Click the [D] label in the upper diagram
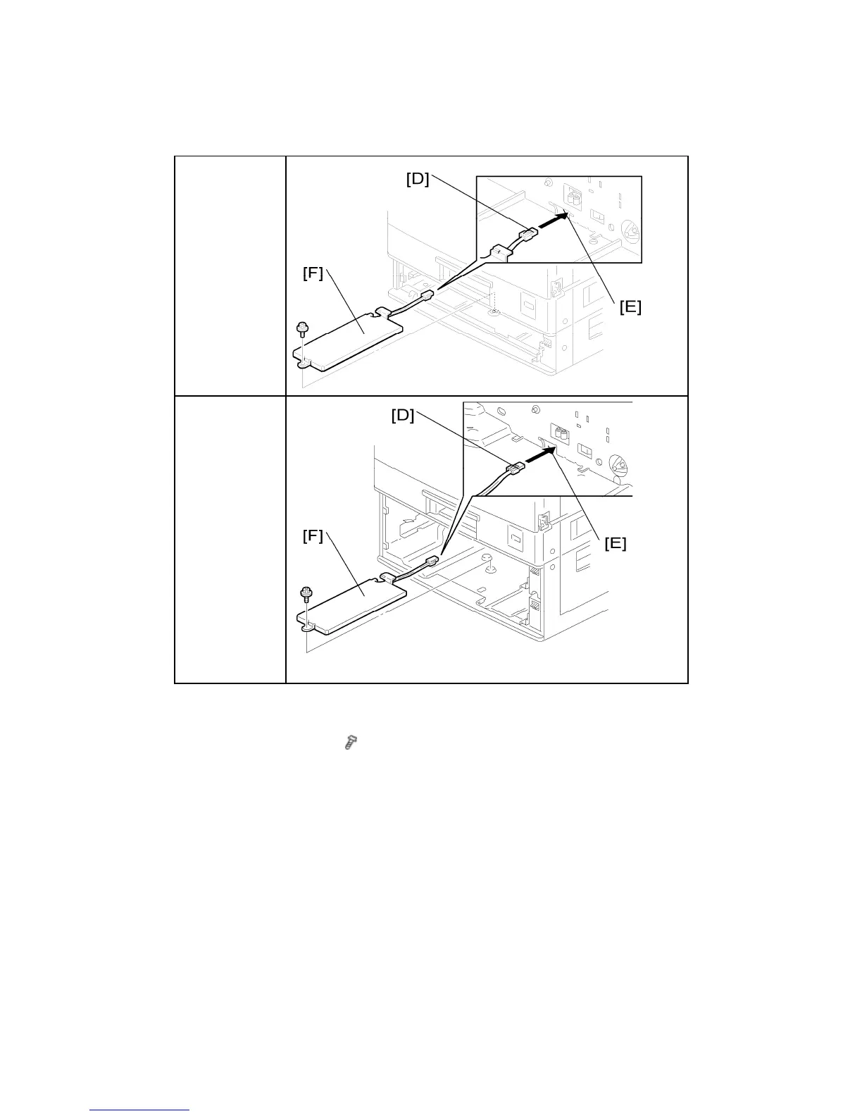(x=418, y=179)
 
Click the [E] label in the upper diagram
(x=630, y=307)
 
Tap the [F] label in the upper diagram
(x=313, y=273)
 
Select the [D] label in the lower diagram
(x=403, y=416)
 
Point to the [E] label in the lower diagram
(x=615, y=543)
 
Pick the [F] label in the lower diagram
(x=313, y=536)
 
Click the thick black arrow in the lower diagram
(x=539, y=456)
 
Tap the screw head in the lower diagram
(x=306, y=593)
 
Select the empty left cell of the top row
(x=230, y=275)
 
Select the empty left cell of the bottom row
(x=230, y=539)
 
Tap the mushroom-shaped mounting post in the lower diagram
(x=486, y=558)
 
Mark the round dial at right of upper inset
(x=630, y=229)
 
